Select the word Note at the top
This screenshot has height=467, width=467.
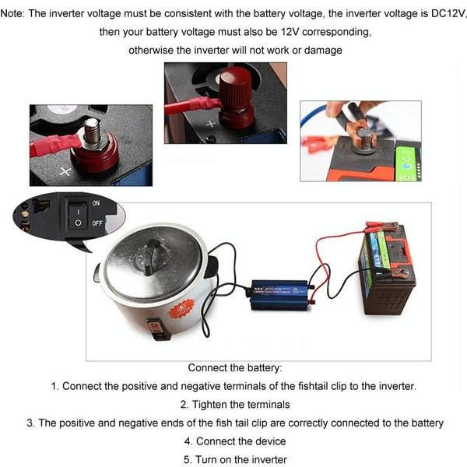(15, 14)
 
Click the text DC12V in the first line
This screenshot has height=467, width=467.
(445, 14)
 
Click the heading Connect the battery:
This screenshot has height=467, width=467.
(235, 367)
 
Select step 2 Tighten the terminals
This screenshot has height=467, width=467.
(235, 404)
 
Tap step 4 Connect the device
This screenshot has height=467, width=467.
(235, 441)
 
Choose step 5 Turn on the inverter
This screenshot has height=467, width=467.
(235, 459)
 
